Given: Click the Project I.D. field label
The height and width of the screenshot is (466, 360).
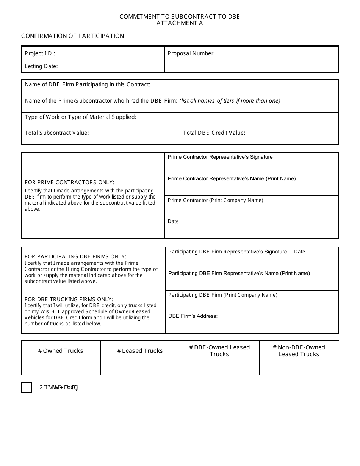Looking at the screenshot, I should pyautogui.click(x=40, y=53).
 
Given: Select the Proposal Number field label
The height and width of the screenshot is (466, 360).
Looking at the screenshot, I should pyautogui.click(x=191, y=53).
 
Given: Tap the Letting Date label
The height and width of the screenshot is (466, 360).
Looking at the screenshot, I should pyautogui.click(x=41, y=66).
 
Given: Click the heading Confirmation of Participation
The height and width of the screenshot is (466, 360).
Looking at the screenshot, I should pyautogui.click(x=72, y=36).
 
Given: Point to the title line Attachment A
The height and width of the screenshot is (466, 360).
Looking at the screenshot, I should pyautogui.click(x=180, y=23).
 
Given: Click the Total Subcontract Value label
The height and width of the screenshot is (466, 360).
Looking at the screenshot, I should pyautogui.click(x=57, y=133).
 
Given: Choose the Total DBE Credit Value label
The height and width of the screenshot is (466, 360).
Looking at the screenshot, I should pyautogui.click(x=214, y=133).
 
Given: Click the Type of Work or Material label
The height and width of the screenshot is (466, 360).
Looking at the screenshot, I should pyautogui.click(x=80, y=117).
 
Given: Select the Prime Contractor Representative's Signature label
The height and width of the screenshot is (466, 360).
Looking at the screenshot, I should pyautogui.click(x=220, y=157).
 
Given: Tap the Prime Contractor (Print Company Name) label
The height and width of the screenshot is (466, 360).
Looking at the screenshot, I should pyautogui.click(x=215, y=200).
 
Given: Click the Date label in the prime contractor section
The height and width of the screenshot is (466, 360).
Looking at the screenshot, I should pyautogui.click(x=173, y=222).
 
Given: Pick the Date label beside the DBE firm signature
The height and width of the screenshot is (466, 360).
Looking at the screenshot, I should pyautogui.click(x=299, y=252).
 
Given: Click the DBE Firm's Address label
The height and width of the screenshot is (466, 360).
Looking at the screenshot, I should pyautogui.click(x=193, y=316).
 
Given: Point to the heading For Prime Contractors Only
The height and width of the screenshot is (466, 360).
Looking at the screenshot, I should pyautogui.click(x=69, y=183).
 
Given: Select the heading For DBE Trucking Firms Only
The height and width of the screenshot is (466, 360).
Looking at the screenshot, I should pyautogui.click(x=69, y=299).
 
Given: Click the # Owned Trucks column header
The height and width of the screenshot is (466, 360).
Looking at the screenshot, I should pyautogui.click(x=61, y=351).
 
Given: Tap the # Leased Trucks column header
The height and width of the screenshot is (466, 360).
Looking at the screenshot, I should pyautogui.click(x=140, y=351).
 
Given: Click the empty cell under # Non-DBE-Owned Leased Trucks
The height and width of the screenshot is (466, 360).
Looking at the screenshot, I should pyautogui.click(x=299, y=368).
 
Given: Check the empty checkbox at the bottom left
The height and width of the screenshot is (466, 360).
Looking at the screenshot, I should pyautogui.click(x=27, y=387).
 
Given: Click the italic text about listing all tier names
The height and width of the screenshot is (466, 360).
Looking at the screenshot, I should pyautogui.click(x=230, y=101).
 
